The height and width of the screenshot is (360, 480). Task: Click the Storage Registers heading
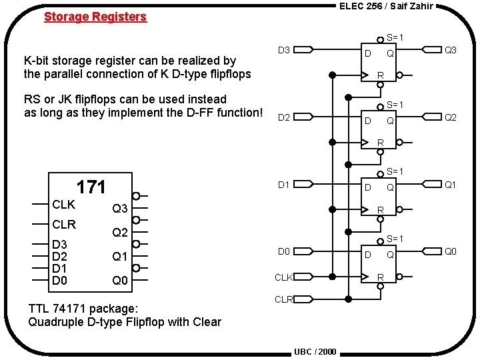point(95,17)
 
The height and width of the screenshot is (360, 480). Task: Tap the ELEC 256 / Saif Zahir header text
point(386,7)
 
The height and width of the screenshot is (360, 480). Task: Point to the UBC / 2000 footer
point(315,351)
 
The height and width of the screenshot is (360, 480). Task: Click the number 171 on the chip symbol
point(91,187)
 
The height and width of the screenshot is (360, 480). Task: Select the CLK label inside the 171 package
point(63,204)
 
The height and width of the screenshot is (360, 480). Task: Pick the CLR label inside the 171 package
point(64,225)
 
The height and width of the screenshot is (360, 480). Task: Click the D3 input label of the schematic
point(283,50)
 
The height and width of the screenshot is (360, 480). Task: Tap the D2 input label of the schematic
point(283,118)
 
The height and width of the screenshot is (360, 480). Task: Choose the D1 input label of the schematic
point(283,185)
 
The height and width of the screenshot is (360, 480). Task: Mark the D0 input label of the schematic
point(283,251)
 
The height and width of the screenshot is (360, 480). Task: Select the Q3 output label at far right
point(451,50)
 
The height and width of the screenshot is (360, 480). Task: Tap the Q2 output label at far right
point(451,118)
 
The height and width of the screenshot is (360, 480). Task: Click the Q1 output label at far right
point(451,185)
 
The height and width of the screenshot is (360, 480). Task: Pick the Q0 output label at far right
point(451,251)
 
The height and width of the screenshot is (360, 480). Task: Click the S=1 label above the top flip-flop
point(395,37)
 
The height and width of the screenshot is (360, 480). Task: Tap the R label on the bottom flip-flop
point(380,276)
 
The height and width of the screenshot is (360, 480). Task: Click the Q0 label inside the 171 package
point(120,281)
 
